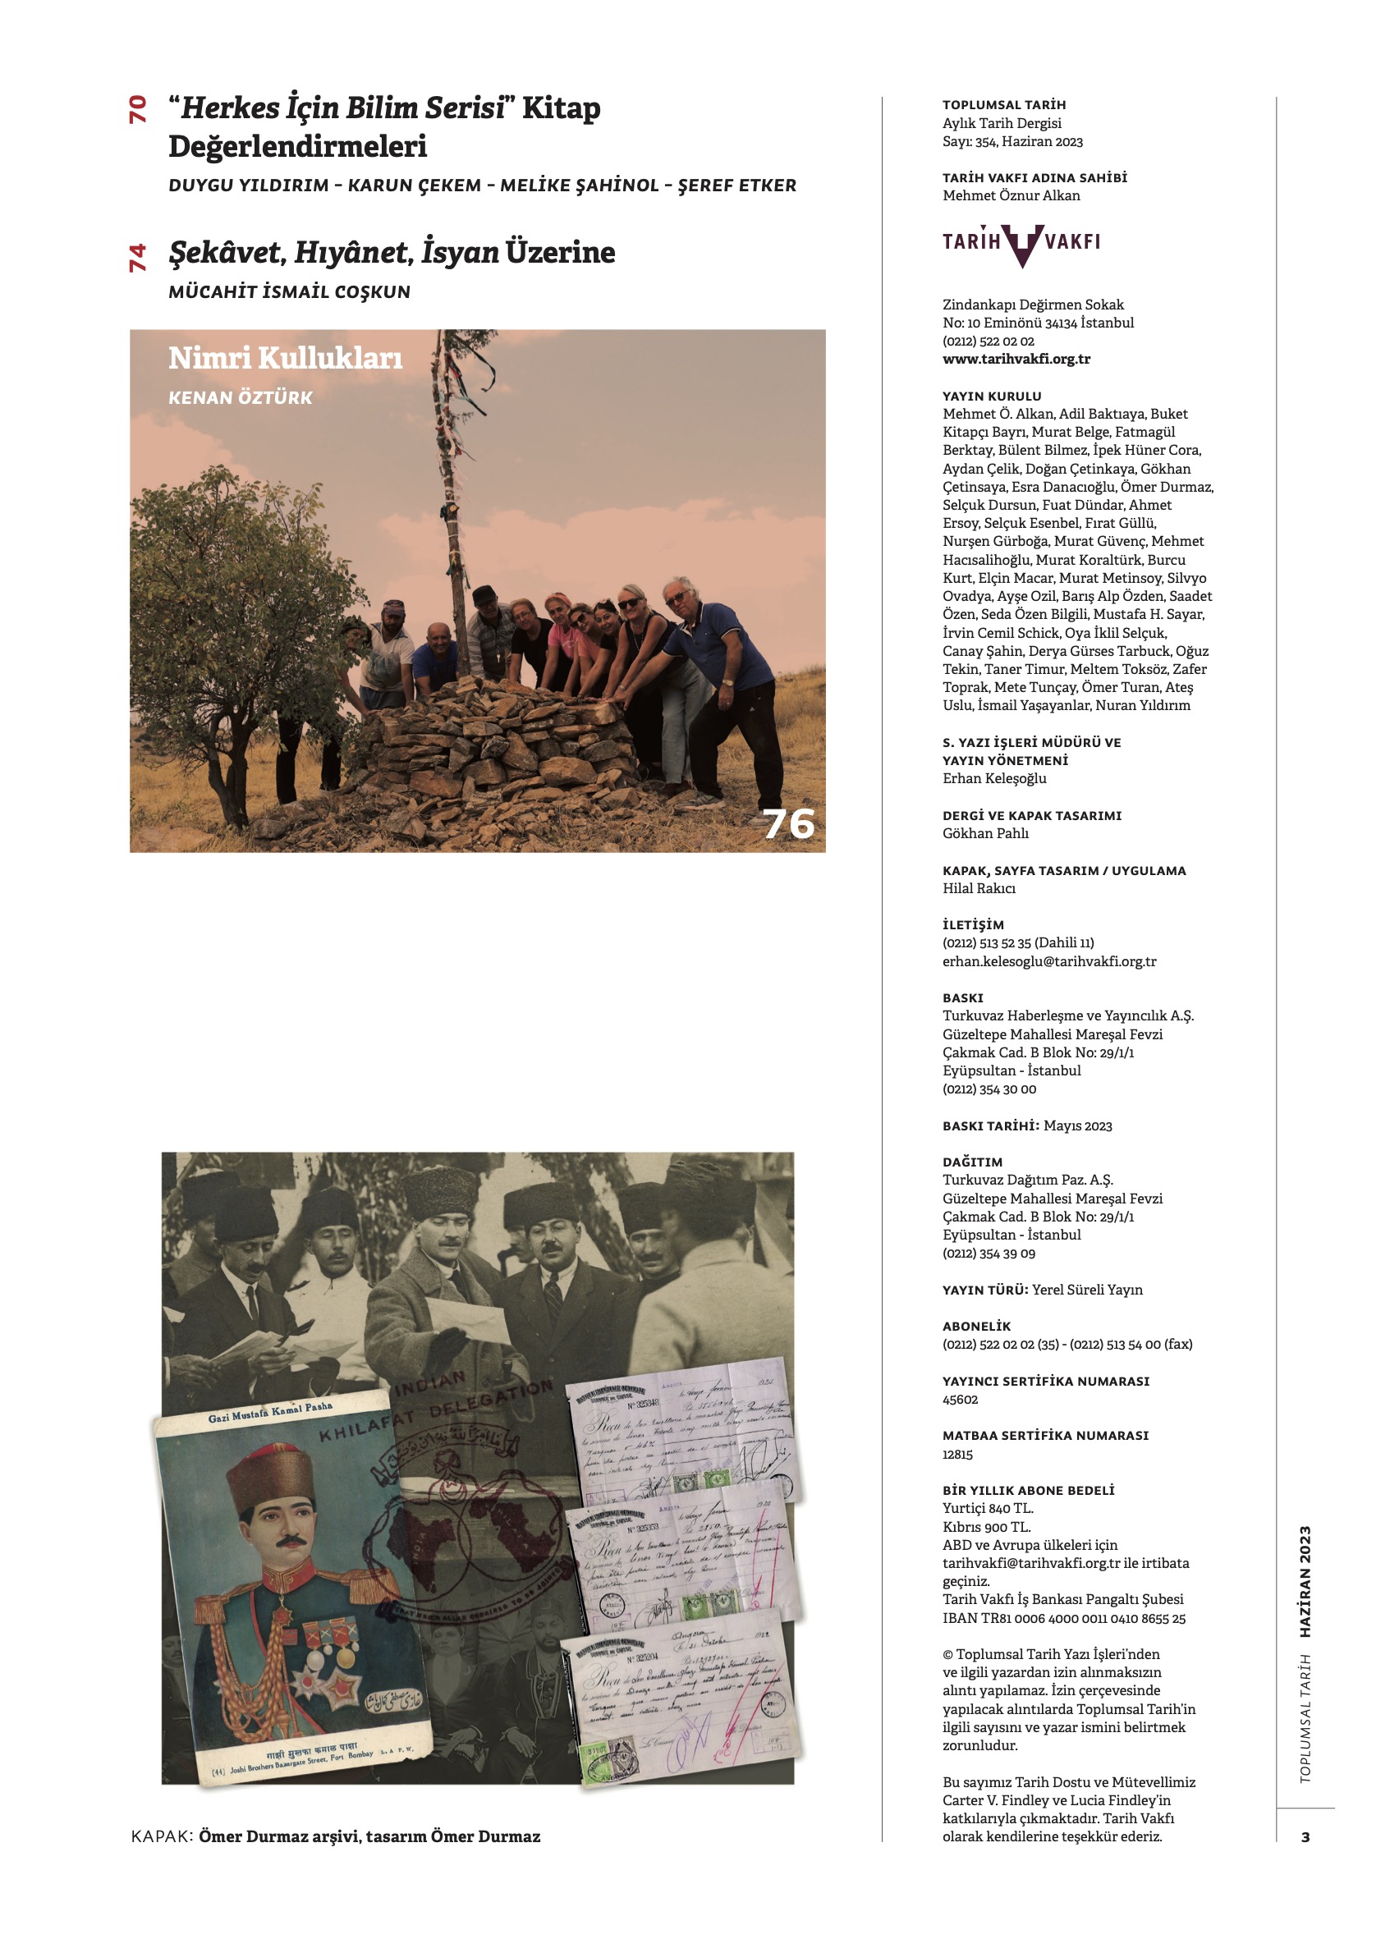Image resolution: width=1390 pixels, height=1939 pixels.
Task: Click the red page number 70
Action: [137, 109]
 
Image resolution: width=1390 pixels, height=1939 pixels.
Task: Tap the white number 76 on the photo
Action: [788, 823]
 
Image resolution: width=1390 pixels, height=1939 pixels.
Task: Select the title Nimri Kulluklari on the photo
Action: [285, 357]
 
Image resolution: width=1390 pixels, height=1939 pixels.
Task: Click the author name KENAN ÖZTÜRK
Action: [241, 397]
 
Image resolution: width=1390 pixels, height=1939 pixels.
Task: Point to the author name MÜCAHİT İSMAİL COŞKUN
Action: [289, 291]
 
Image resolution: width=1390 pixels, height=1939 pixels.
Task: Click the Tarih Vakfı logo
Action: [1021, 244]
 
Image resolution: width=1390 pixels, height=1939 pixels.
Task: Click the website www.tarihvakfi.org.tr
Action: [1016, 359]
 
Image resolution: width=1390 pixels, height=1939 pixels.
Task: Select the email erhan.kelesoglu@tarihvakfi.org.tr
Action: [1049, 961]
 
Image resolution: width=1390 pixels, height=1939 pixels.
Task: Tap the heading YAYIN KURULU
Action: [992, 396]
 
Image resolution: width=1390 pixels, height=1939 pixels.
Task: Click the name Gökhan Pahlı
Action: [984, 833]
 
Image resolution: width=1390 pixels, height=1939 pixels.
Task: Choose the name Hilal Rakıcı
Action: [979, 888]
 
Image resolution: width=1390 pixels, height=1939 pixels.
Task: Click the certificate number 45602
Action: [960, 1400]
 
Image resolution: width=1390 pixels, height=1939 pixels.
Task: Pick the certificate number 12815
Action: [957, 1455]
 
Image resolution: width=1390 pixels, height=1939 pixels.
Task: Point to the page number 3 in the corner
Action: [1305, 1837]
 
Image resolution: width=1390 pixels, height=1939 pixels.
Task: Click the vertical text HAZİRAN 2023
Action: [1305, 1582]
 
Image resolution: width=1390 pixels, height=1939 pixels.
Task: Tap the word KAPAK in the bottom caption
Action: [162, 1836]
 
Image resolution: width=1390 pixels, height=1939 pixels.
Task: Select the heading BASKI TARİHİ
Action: [990, 1126]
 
